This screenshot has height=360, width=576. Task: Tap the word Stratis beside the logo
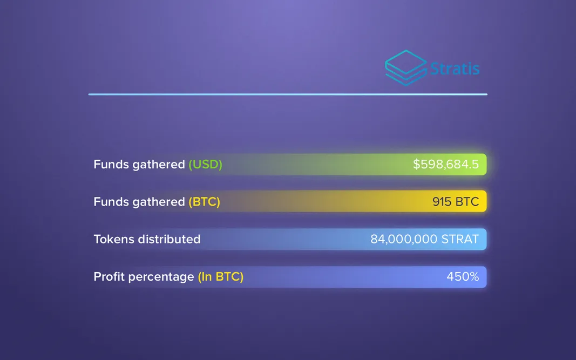455,69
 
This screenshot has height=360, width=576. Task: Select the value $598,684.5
445,164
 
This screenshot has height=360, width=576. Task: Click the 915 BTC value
455,202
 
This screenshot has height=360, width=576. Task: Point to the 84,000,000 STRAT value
424,239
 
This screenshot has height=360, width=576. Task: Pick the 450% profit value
463,277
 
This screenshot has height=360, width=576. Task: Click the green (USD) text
205,164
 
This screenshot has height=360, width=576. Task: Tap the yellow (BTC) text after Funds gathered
204,202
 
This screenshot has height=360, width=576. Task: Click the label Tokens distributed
147,239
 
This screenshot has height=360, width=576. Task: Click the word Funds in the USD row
110,164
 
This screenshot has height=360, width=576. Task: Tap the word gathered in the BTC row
160,202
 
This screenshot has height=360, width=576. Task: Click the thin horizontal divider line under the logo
288,94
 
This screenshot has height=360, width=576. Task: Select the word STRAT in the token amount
460,239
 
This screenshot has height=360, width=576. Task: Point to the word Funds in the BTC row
110,202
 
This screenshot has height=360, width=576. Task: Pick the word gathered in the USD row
160,165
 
